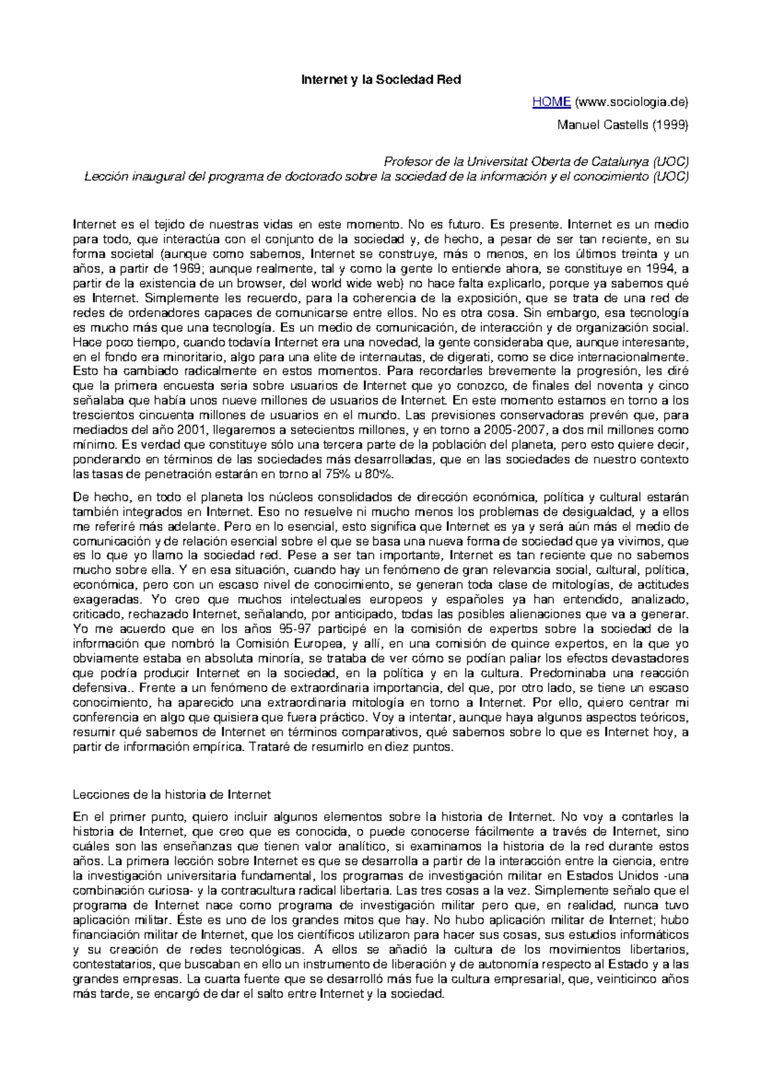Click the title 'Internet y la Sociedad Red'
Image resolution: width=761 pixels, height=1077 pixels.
pos(380,80)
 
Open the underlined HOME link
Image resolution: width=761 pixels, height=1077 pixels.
pos(551,102)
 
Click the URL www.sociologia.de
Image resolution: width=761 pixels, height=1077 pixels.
pos(631,102)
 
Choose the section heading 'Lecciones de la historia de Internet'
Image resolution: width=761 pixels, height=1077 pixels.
pos(172,795)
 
